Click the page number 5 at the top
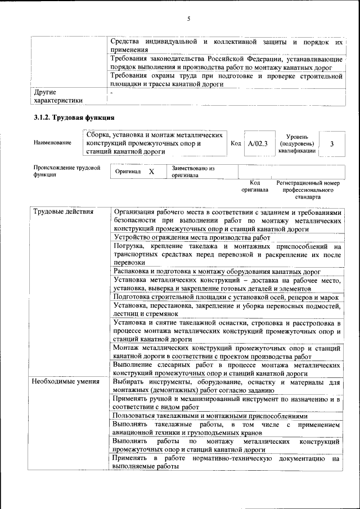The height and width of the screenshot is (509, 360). tap(189, 19)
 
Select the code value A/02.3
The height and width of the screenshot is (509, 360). tap(258, 144)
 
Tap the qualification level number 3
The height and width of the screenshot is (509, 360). tap(332, 144)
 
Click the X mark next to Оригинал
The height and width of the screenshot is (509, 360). tap(151, 171)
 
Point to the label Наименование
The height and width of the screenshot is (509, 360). tap(52, 143)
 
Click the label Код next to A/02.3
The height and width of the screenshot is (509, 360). tap(236, 143)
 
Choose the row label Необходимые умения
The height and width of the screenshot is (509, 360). tap(65, 382)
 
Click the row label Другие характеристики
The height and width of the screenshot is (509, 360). tap(58, 96)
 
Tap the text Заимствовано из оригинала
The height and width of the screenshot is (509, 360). tap(193, 172)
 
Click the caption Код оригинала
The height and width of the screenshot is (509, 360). tap(254, 187)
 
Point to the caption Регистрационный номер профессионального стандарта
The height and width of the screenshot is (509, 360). tap(308, 190)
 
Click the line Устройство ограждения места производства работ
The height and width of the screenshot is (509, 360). tap(192, 238)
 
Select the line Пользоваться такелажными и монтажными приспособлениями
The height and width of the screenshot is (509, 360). tap(210, 417)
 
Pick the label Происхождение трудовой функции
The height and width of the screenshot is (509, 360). tap(66, 171)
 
